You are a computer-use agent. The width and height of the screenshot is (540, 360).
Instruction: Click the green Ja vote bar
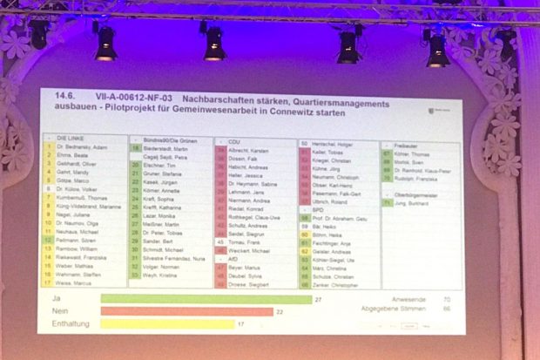pyautogui.click(x=206, y=299)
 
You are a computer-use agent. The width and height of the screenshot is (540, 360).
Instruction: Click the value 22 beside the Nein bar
pyautogui.click(x=280, y=311)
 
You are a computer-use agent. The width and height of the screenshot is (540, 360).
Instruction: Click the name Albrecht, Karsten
pyautogui.click(x=248, y=150)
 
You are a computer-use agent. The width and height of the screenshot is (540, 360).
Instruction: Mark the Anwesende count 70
pyautogui.click(x=446, y=299)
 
